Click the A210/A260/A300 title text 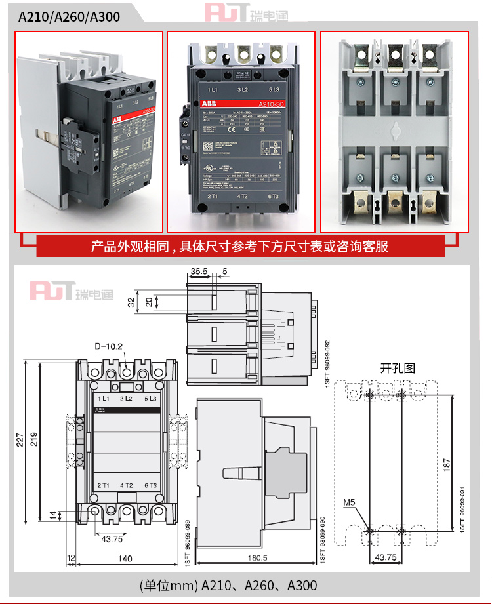69,16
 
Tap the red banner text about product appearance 239,247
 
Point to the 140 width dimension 125,559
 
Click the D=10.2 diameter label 108,346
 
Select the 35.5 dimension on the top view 199,271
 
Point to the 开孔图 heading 398,368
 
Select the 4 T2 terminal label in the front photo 241,196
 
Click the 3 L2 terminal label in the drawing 127,399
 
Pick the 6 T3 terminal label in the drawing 150,485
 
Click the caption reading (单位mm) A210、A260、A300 228,584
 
